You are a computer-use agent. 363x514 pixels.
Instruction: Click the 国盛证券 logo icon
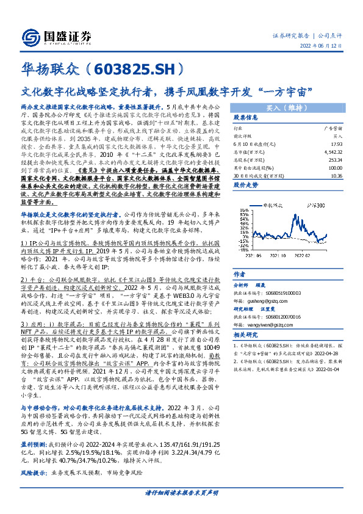click(32, 36)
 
